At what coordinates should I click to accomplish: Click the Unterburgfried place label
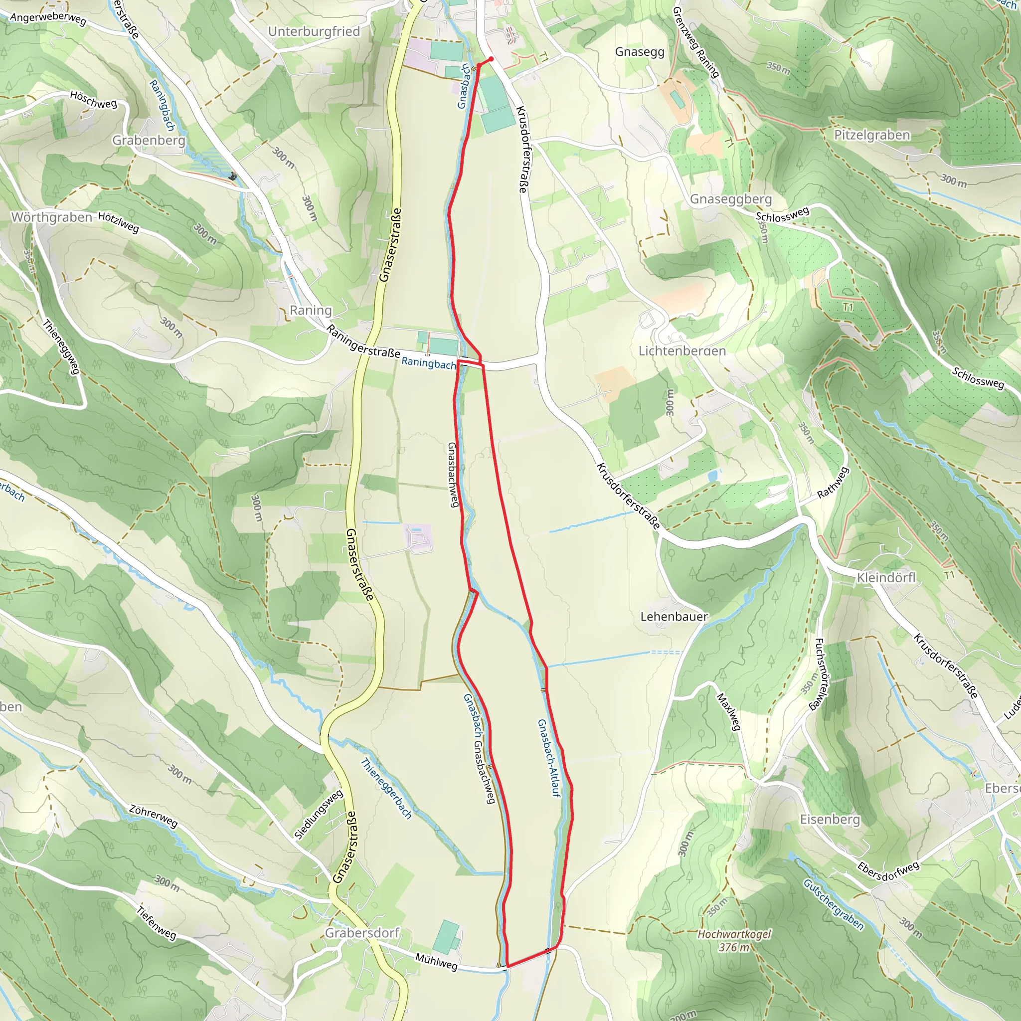point(314,32)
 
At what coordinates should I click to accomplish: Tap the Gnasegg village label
point(640,52)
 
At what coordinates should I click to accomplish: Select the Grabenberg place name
point(149,141)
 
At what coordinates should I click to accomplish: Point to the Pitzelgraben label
point(872,135)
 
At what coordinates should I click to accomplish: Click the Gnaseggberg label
point(731,199)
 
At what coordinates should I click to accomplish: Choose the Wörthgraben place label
point(52,218)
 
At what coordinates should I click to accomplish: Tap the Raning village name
point(311,310)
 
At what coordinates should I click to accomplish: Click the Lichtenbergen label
point(681,351)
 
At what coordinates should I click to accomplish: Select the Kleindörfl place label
point(886,578)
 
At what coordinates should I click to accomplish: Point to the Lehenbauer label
point(674,617)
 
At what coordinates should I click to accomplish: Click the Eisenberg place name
point(830,820)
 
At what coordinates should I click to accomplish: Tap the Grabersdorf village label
point(362,933)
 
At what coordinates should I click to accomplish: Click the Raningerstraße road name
point(363,341)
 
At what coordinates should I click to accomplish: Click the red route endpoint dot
point(491,59)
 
